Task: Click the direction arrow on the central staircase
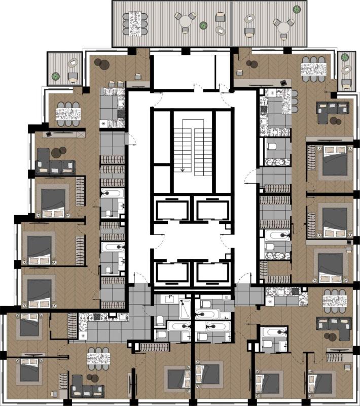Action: [181, 167]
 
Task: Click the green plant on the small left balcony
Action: [56, 77]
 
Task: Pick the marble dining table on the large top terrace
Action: [135, 23]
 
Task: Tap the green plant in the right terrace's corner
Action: [297, 7]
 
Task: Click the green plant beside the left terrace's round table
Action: [203, 25]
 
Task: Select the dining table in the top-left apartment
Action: [68, 114]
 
